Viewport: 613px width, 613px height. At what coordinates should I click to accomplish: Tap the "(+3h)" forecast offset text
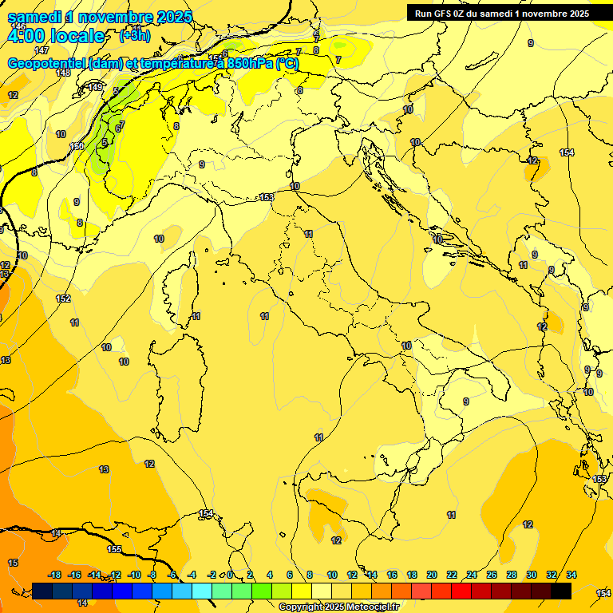(134, 35)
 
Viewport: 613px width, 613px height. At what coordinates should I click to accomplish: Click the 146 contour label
(19, 26)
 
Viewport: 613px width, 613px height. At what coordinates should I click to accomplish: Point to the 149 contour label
(95, 87)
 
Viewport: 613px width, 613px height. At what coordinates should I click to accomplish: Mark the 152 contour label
(63, 299)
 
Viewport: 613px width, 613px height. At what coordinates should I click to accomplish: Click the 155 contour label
(114, 549)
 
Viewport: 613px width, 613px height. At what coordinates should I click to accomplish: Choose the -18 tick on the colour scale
(55, 575)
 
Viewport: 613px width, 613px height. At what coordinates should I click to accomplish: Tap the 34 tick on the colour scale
(571, 575)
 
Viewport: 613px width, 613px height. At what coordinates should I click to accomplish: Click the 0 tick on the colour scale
(230, 575)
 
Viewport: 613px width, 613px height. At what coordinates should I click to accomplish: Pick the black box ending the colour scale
(561, 591)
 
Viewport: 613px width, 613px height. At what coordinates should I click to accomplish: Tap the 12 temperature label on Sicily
(336, 540)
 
